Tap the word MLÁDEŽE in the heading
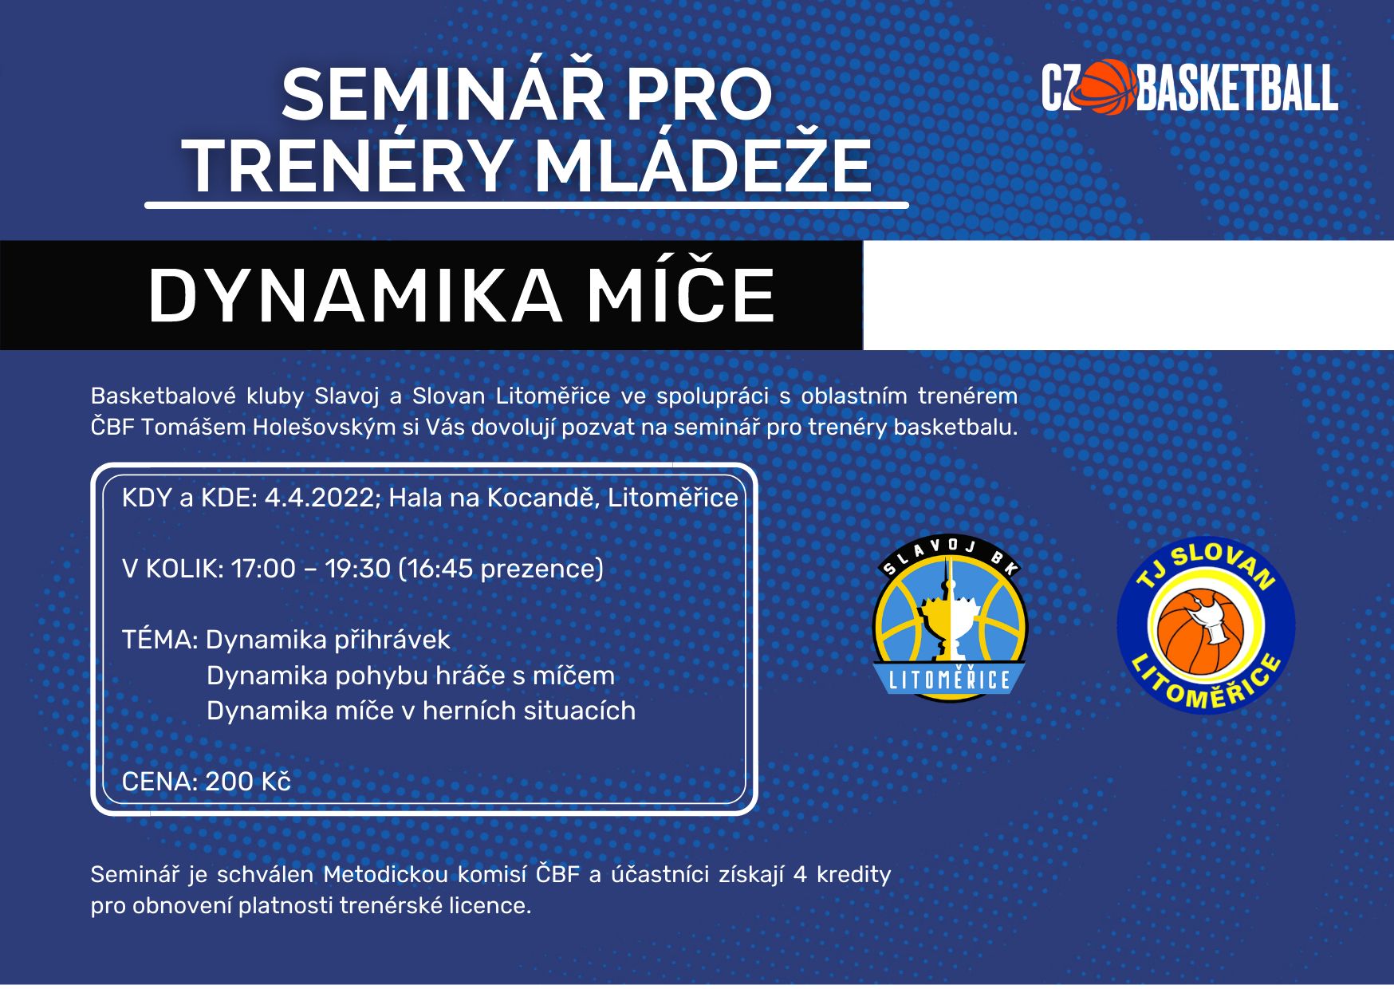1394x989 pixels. pyautogui.click(x=702, y=166)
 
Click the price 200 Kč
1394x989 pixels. pyautogui.click(x=247, y=782)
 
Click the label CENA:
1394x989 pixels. pyautogui.click(x=159, y=782)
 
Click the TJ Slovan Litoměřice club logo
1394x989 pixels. pyautogui.click(x=1206, y=625)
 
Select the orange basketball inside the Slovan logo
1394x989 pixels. pyautogui.click(x=1200, y=632)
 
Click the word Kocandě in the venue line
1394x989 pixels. pyautogui.click(x=543, y=498)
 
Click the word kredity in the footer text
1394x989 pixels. pyautogui.click(x=853, y=875)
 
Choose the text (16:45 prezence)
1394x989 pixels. pyautogui.click(x=501, y=569)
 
